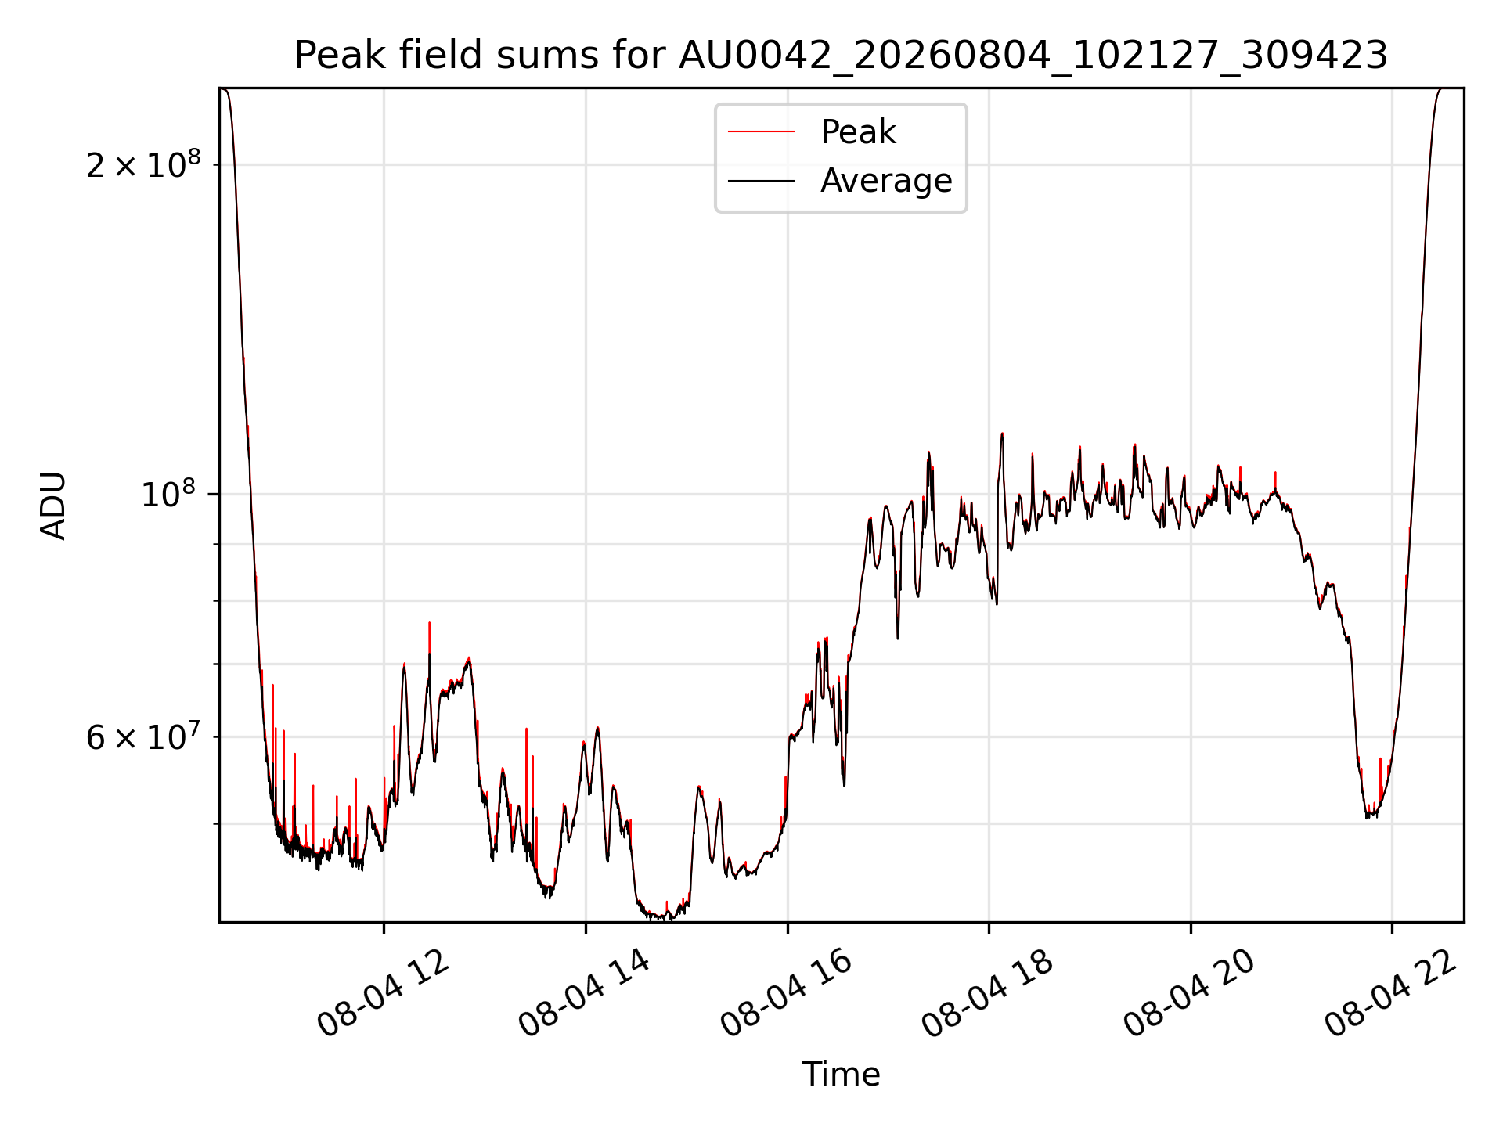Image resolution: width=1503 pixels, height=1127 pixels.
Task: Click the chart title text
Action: (841, 56)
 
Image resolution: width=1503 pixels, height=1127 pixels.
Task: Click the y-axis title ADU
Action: (53, 506)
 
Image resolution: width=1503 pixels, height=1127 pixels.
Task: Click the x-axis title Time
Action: (841, 1074)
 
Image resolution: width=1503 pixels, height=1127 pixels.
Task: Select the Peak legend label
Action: (858, 131)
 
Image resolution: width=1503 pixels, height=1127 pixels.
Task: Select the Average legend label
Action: (886, 181)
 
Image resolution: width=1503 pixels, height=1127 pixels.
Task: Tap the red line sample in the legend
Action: (761, 131)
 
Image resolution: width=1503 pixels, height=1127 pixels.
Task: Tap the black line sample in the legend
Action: (761, 181)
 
